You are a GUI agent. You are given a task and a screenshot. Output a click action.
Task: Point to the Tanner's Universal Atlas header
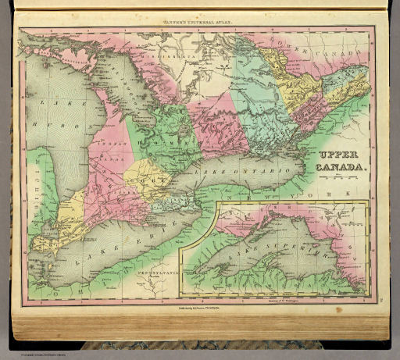[197, 15]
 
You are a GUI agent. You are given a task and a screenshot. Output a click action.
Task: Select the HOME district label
[166, 142]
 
